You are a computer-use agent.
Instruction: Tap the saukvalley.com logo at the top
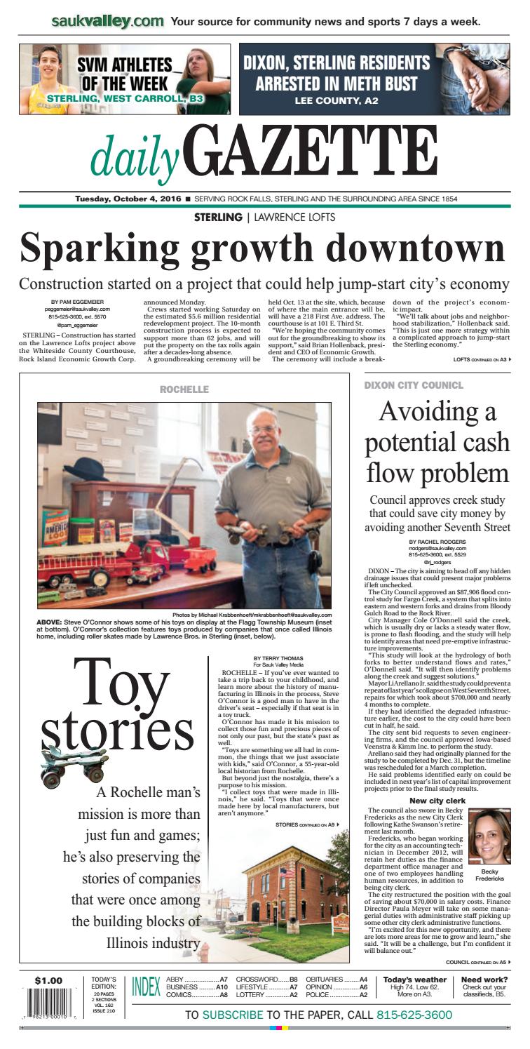[108, 21]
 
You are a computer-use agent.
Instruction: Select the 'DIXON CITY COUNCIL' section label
[413, 386]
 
